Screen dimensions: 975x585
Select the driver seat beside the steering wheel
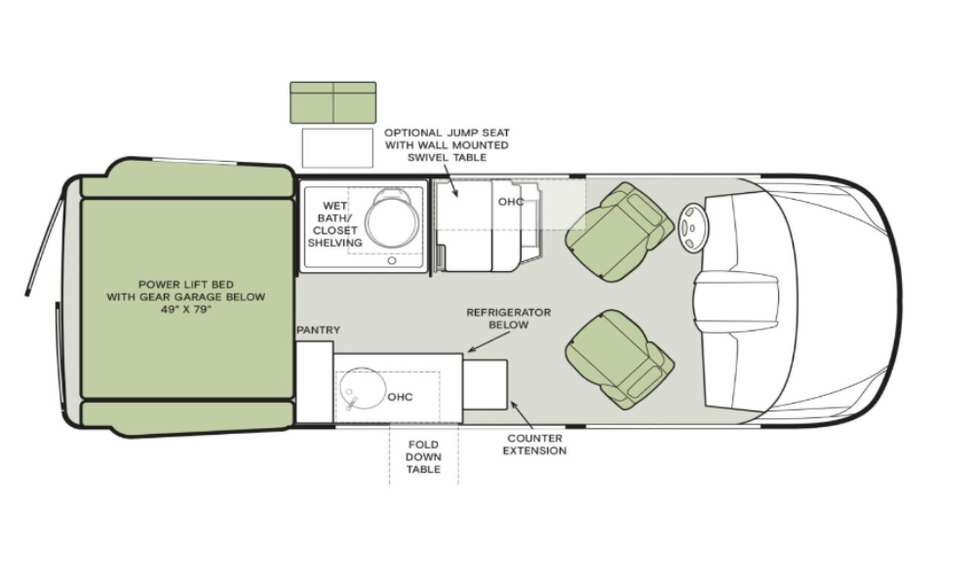620,232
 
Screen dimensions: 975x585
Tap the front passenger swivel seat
620,360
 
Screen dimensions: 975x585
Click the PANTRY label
319,331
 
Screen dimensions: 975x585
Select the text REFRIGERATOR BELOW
509,318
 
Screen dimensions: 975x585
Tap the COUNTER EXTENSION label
534,445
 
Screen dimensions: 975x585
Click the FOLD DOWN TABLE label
423,457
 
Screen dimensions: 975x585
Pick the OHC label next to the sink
400,397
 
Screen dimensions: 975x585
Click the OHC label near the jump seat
511,202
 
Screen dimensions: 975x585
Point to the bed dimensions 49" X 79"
186,310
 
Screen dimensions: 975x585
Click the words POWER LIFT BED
186,285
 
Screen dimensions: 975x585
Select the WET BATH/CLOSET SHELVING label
334,224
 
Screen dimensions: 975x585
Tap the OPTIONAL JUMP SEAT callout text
447,145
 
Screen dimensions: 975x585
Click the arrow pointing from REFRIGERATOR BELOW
488,341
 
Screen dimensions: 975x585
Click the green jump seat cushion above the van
333,102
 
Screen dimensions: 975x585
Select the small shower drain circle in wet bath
392,260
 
